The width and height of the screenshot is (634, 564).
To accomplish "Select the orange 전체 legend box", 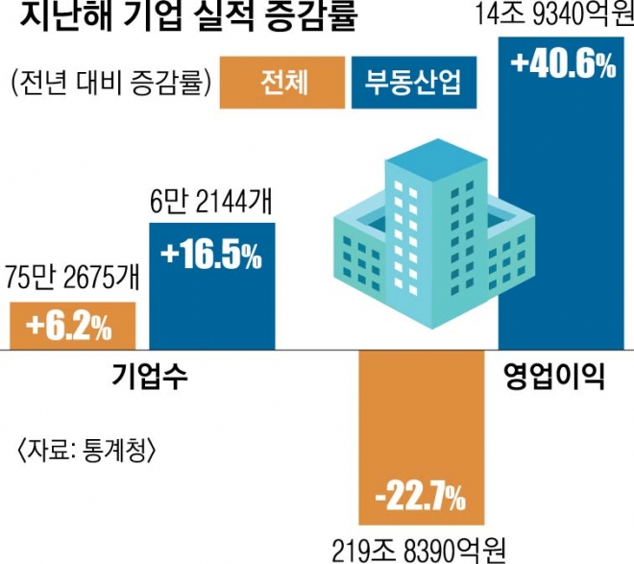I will pos(283,83).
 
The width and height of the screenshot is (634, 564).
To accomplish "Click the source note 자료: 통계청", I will pos(85,448).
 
